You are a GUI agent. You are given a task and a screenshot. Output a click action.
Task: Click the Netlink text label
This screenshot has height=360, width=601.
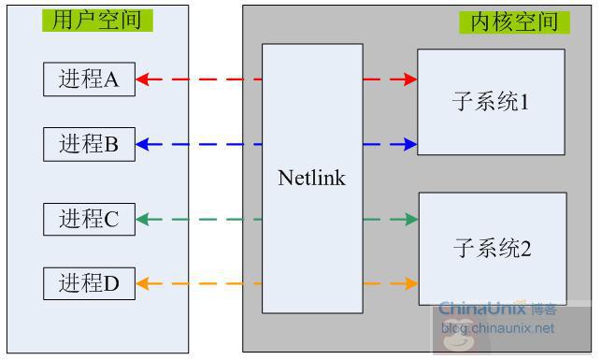[311, 178]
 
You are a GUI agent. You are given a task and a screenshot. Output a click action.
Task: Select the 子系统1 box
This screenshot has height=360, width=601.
[491, 102]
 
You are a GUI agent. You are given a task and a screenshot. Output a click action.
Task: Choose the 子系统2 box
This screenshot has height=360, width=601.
[492, 249]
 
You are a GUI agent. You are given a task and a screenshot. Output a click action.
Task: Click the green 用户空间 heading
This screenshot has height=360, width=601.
[97, 21]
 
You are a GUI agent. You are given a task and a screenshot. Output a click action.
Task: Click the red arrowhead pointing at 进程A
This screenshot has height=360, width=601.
[143, 79]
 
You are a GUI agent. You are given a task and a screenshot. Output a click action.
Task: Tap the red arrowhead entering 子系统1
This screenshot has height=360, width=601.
[409, 79]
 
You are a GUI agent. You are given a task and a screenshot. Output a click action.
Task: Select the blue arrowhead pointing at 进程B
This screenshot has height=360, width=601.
[143, 144]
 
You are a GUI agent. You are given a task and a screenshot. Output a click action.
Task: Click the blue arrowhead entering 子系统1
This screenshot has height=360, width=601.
[409, 144]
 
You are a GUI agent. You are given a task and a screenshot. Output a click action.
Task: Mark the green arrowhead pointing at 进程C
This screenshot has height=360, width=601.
[143, 220]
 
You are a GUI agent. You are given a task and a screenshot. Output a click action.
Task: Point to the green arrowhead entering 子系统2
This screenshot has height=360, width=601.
[410, 220]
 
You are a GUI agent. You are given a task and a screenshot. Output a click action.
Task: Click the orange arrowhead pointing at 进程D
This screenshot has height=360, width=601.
[143, 283]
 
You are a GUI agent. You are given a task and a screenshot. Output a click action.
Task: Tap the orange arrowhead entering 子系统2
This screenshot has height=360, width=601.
[410, 283]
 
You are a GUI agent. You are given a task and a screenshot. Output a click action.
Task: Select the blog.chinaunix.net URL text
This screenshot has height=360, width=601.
[497, 328]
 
